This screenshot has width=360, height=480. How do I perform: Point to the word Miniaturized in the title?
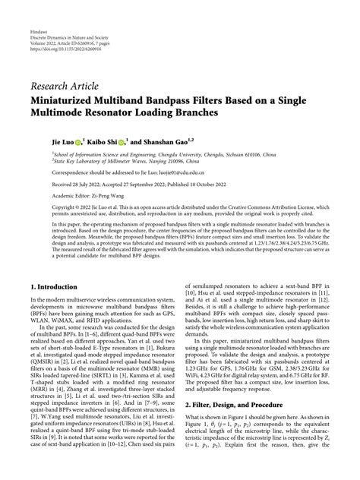pyautogui.click(x=65, y=99)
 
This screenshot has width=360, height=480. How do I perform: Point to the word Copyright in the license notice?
pyautogui.click(x=45, y=209)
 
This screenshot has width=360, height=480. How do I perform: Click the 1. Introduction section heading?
pyautogui.click(x=58, y=289)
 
